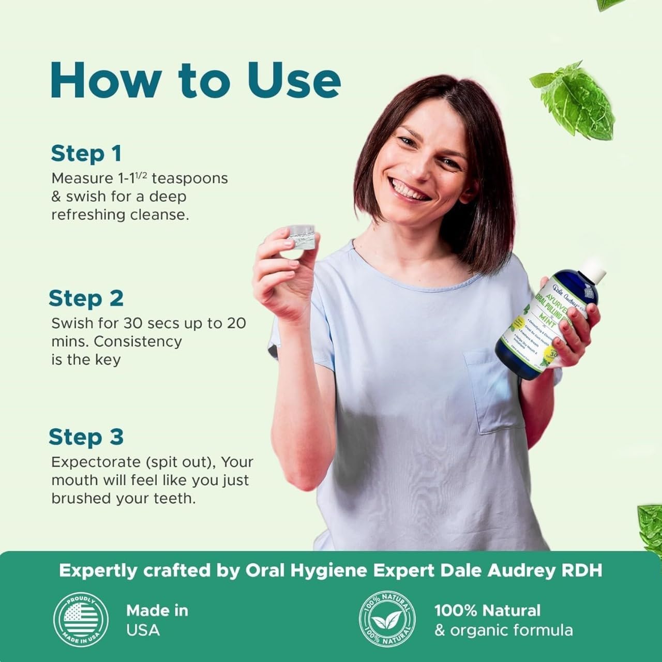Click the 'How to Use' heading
pos(195,80)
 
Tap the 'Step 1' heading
pos(86,154)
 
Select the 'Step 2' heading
pos(86,298)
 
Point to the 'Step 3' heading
pos(86,437)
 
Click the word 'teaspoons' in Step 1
pos(190,178)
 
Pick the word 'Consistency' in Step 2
pos(138,341)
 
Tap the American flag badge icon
pos(81,620)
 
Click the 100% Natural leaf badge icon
pos(387,620)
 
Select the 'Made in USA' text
pos(157,620)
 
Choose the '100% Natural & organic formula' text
pos(503,620)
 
